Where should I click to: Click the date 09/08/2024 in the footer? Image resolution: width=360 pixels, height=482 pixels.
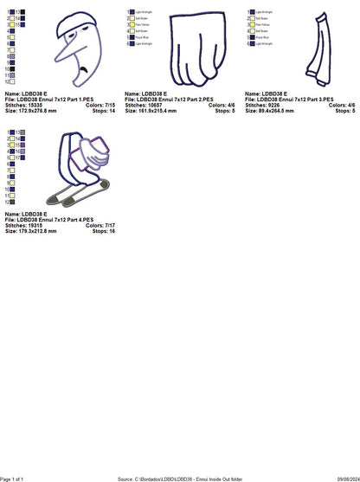[338, 478]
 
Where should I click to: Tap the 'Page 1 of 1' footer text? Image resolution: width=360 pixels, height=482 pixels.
[16, 478]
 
